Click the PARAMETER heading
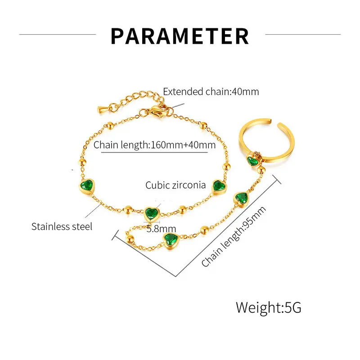click(x=180, y=36)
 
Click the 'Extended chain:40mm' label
click(x=211, y=92)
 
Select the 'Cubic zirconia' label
click(x=175, y=185)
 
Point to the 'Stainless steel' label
click(x=62, y=226)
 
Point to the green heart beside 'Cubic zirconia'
click(x=219, y=186)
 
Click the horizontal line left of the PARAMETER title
click(x=58, y=34)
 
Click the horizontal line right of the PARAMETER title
click(x=302, y=34)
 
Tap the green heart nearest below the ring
click(x=241, y=198)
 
